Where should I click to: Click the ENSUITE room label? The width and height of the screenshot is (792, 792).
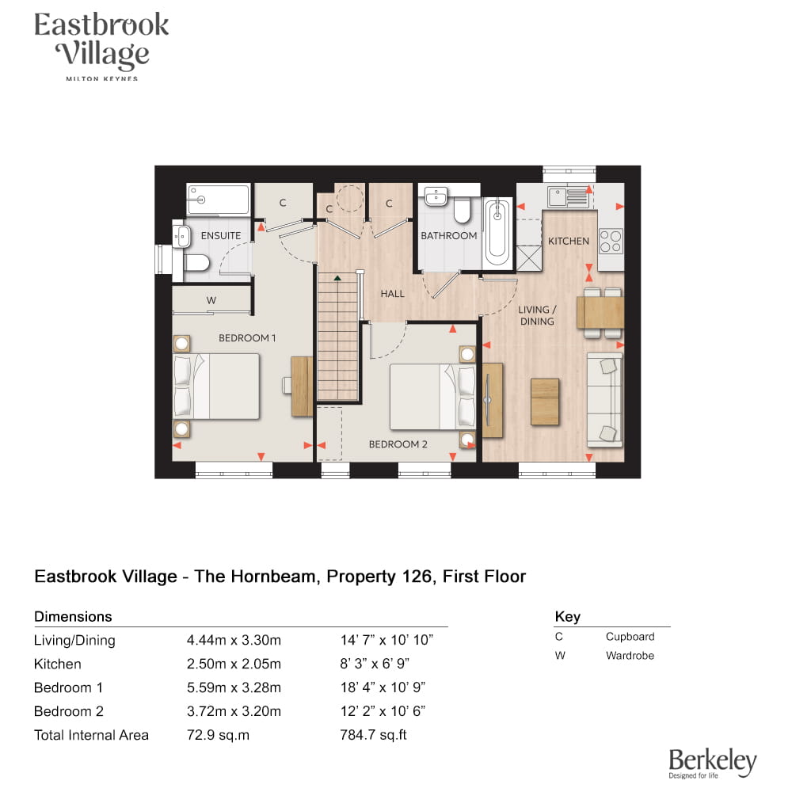pyautogui.click(x=221, y=236)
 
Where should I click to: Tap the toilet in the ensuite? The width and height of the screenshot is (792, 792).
pyautogui.click(x=196, y=263)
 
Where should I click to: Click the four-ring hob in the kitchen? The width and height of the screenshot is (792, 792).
pyautogui.click(x=611, y=241)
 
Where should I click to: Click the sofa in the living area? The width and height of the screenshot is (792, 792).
pyautogui.click(x=604, y=399)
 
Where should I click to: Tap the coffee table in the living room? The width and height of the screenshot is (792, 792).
pyautogui.click(x=545, y=402)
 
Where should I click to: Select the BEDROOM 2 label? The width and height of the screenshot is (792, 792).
pyautogui.click(x=398, y=444)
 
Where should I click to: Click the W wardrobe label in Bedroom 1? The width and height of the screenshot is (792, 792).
pyautogui.click(x=211, y=300)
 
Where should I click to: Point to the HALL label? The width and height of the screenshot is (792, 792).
pyautogui.click(x=393, y=294)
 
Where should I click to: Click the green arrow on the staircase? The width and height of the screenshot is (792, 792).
pyautogui.click(x=337, y=278)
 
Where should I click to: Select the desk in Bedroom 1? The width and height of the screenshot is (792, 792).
pyautogui.click(x=302, y=386)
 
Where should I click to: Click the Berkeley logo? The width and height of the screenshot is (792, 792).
pyautogui.click(x=712, y=763)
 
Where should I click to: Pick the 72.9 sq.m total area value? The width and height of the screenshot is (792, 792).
pyautogui.click(x=219, y=735)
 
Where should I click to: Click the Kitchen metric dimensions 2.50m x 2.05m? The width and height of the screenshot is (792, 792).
pyautogui.click(x=234, y=664)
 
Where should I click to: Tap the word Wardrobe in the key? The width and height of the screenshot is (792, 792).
pyautogui.click(x=630, y=656)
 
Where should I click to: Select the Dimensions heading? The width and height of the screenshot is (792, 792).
pyautogui.click(x=73, y=617)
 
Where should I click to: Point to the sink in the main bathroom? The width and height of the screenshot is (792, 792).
pyautogui.click(x=436, y=196)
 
